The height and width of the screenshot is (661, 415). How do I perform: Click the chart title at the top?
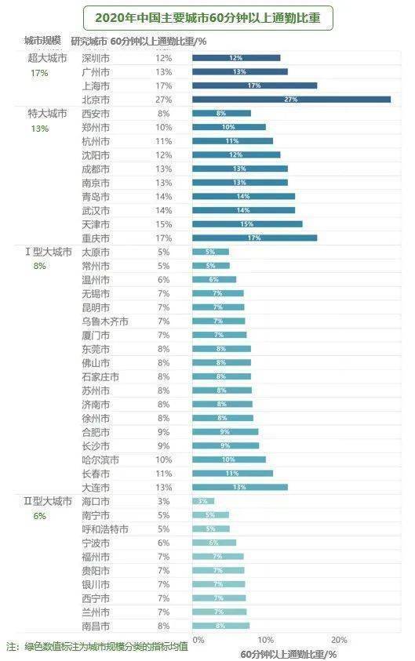tap(207, 16)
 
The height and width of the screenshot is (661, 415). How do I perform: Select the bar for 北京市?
tap(291, 100)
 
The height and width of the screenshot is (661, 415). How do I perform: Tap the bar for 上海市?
tap(254, 85)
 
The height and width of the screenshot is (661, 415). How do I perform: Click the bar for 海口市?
tap(203, 501)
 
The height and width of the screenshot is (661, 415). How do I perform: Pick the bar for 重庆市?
tap(254, 238)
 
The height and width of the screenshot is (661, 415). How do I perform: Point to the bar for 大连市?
tap(240, 487)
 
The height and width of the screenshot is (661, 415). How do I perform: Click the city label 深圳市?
tap(96, 58)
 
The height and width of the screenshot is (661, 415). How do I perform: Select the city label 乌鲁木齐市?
tap(104, 321)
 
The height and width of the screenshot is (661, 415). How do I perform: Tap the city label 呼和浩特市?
tap(104, 529)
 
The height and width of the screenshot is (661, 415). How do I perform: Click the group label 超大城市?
tap(47, 58)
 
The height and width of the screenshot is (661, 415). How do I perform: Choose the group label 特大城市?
tap(47, 114)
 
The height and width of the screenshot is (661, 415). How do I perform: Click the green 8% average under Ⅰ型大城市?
tap(39, 266)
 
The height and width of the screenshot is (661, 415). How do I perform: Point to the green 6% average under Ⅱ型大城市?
tap(39, 515)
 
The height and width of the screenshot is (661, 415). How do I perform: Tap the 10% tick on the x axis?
tap(266, 640)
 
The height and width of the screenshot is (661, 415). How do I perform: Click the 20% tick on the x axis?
tap(339, 640)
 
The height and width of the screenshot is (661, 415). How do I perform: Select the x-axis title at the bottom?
tap(289, 653)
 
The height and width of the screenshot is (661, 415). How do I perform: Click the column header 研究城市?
tap(88, 41)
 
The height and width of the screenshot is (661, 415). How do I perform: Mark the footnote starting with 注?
tap(96, 647)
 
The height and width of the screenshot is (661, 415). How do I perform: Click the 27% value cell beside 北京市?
tap(163, 100)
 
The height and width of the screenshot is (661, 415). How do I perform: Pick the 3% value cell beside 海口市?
tap(163, 501)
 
